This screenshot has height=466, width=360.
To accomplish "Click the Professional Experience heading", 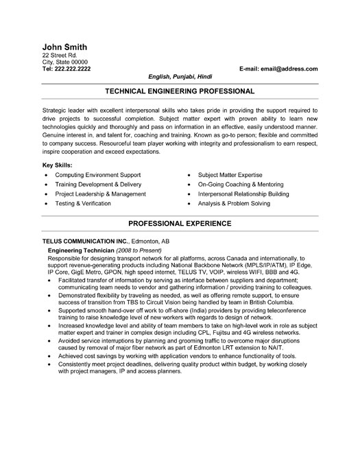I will click(180, 224).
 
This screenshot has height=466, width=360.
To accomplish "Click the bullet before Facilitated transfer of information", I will click(50, 281).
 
